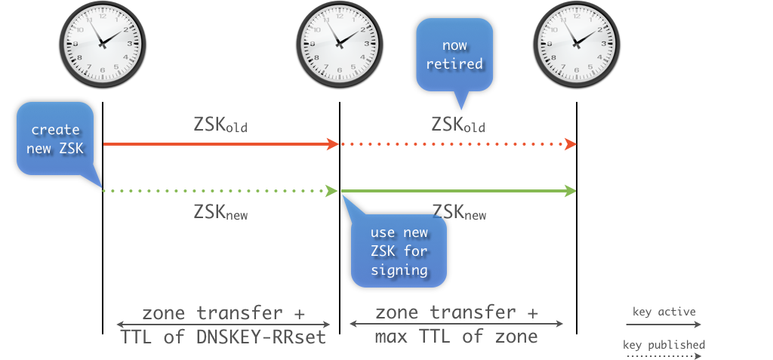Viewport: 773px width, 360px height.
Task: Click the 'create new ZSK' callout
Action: pyautogui.click(x=55, y=140)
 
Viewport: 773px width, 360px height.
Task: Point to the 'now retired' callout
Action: pyautogui.click(x=454, y=55)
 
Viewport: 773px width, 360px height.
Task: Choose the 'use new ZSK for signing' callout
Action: pyautogui.click(x=399, y=251)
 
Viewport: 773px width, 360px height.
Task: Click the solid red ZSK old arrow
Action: pyautogui.click(x=219, y=143)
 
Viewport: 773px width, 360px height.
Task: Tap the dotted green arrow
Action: pyautogui.click(x=219, y=191)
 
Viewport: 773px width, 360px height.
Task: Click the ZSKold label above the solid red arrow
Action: pyautogui.click(x=220, y=124)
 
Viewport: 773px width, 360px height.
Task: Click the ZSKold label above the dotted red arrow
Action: pyautogui.click(x=458, y=124)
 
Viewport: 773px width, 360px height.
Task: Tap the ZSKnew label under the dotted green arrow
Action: pyautogui.click(x=220, y=212)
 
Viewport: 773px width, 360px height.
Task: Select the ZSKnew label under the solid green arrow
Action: pyautogui.click(x=458, y=212)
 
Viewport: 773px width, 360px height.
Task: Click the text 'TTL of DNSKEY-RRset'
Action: pyautogui.click(x=223, y=337)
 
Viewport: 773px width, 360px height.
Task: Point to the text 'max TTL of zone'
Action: pyautogui.click(x=457, y=337)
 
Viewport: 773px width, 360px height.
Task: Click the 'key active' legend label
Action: pyautogui.click(x=664, y=311)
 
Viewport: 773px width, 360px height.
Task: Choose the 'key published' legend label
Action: pyautogui.click(x=664, y=345)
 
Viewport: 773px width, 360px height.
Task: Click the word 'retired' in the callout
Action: pyautogui.click(x=454, y=63)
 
